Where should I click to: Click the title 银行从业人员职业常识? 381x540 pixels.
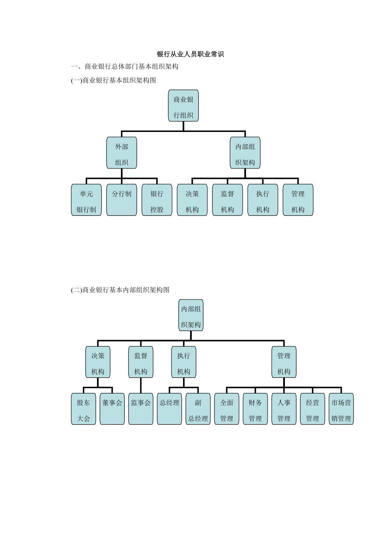pos(190,54)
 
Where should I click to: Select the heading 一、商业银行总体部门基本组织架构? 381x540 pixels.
pos(125,67)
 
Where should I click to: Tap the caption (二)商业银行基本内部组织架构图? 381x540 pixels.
pos(120,290)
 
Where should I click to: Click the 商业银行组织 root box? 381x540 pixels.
pos(183,106)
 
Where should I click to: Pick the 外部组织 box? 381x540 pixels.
pos(121,153)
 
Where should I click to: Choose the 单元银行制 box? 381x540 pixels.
pos(86,200)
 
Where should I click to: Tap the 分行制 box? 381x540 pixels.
pos(121,200)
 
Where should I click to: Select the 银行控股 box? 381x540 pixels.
pos(157,200)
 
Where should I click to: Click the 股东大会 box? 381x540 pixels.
pos(83,409)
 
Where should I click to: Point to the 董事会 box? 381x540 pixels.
pos(112,409)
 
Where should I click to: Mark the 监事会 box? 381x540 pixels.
pos(140,409)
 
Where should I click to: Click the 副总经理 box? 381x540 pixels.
pos(198,409)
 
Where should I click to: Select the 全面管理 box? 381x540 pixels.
pos(227,409)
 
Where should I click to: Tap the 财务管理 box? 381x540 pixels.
pos(255,409)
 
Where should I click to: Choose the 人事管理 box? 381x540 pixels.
pos(284,409)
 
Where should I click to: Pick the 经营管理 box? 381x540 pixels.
pos(312,409)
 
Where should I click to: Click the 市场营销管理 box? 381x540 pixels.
pos(341,409)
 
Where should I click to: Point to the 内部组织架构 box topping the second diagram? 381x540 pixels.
pos(190,315)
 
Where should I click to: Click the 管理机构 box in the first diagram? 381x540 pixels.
pos(298,200)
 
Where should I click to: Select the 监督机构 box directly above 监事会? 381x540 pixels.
pos(140,362)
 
